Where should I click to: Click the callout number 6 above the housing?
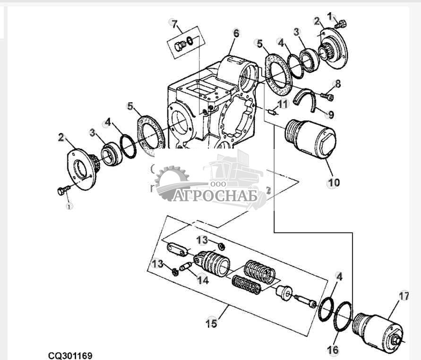(x=236, y=33)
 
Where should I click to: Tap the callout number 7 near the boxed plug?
(x=174, y=24)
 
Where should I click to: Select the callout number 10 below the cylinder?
(x=334, y=182)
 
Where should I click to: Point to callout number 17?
(x=403, y=297)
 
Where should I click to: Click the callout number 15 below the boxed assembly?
(x=211, y=324)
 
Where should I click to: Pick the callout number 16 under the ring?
(x=333, y=350)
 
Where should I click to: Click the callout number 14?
(x=202, y=280)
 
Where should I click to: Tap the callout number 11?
(x=282, y=104)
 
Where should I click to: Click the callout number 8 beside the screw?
(x=337, y=84)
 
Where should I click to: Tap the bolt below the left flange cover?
(x=63, y=191)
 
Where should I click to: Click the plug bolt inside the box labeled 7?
(x=180, y=46)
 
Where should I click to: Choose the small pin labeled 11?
(x=271, y=112)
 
